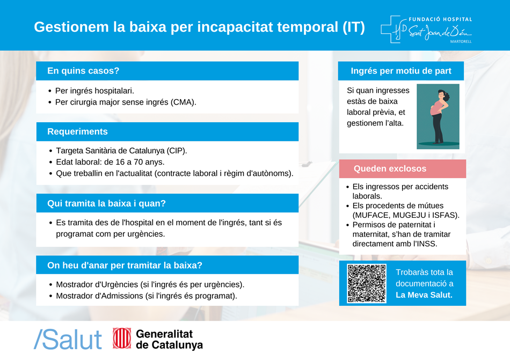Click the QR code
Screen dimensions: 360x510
click(x=367, y=283)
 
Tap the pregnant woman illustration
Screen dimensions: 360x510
click(x=438, y=116)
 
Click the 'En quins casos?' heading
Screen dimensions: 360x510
click(x=83, y=71)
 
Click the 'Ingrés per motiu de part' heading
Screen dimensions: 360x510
click(x=400, y=71)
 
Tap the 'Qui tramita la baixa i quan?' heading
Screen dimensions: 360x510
click(x=106, y=203)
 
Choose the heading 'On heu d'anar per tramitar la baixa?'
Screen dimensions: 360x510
click(x=125, y=265)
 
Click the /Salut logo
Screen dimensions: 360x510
click(x=68, y=339)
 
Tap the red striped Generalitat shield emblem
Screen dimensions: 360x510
click(x=122, y=339)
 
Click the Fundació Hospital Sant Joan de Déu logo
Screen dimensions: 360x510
click(x=426, y=30)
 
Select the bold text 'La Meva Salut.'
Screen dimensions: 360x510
click(x=424, y=295)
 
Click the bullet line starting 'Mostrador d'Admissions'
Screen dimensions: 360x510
click(x=146, y=296)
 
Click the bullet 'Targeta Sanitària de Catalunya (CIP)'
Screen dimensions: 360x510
click(x=121, y=151)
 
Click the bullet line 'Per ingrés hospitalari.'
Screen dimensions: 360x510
click(x=94, y=91)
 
